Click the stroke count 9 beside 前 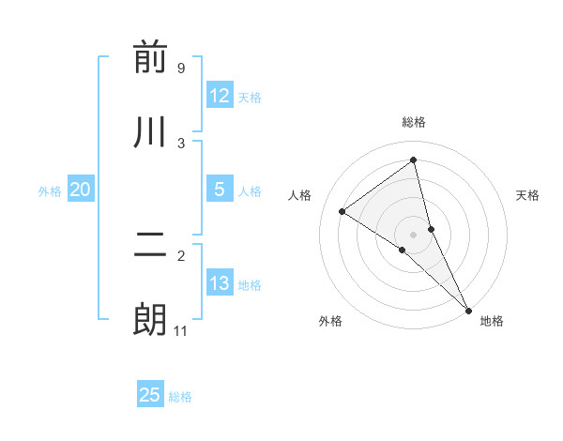coord(180,68)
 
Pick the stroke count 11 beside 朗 coord(181,330)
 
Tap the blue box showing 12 coord(220,96)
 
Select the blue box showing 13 coord(220,284)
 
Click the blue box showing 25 coord(150,395)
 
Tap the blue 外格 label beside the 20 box coord(50,191)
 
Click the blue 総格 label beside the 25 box coord(180,397)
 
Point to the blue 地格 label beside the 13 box coord(250,285)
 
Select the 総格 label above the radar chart coord(414,122)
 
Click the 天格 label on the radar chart coord(528,195)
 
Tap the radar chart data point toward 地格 coord(468,309)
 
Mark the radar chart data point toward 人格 coord(342,211)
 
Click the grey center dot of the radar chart coord(414,234)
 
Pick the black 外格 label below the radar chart coord(330,321)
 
